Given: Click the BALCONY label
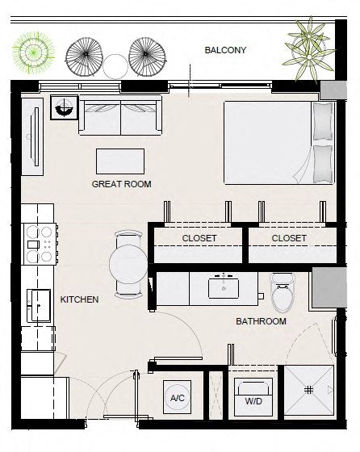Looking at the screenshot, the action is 225,50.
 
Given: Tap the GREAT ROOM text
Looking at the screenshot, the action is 121,184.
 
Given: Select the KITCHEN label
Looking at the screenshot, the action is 79,299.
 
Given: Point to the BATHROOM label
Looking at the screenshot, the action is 261,321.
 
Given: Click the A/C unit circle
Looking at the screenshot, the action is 178,398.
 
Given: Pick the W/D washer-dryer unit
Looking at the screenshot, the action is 253,397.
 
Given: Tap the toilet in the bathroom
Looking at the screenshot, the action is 283,292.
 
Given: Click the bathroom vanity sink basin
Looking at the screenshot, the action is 224,287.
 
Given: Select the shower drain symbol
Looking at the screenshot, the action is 308,391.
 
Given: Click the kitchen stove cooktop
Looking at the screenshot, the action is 40,245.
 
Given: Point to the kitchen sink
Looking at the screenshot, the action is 39,306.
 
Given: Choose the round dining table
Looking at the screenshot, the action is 128,264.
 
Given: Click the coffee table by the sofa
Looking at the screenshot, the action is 120,161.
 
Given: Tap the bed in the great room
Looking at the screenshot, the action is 279,142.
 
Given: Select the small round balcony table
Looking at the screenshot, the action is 115,66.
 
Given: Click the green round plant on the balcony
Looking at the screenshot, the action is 33,52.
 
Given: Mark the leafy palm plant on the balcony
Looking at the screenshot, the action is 309,49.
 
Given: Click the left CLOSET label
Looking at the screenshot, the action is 199,238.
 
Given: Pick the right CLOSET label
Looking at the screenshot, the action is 289,238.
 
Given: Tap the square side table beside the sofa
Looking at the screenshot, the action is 64,107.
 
